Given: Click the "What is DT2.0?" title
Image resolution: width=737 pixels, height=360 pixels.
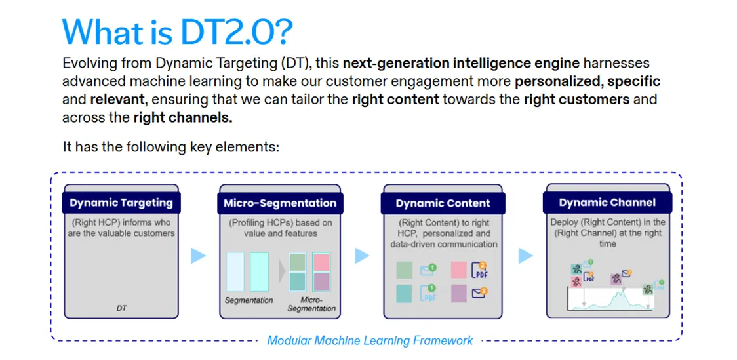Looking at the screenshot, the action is point(178,32).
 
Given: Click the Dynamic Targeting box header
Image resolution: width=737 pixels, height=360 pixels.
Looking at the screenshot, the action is point(121,203).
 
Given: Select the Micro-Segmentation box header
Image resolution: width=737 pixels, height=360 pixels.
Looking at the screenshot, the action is point(280,203).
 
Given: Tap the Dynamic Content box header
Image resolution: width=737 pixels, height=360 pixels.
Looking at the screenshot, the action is point(443,203).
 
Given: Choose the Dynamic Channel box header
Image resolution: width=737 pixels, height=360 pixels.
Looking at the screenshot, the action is point(607,203).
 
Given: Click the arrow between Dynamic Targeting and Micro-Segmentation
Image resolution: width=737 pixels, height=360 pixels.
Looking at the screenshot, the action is point(198,256).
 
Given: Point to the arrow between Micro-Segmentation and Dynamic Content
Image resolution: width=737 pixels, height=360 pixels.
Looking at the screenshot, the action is point(362,256).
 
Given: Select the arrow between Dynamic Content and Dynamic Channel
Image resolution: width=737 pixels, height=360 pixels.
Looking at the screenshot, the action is point(525,256).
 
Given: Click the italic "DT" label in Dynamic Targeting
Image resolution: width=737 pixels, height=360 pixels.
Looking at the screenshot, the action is point(121,309).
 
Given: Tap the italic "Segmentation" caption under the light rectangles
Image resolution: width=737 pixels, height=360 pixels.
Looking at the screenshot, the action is point(249,300).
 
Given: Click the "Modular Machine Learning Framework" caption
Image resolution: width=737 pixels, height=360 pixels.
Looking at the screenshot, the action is point(370,340).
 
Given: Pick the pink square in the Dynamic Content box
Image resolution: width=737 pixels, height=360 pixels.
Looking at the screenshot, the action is point(458,270).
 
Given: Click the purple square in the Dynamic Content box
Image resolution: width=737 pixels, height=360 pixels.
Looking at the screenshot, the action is point(458,293).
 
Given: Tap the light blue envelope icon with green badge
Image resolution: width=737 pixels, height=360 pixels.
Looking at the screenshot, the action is point(428,270).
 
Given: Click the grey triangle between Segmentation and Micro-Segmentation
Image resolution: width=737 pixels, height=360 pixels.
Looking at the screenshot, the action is point(282,271).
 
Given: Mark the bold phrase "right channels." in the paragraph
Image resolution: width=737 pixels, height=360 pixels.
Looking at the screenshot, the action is point(184,117).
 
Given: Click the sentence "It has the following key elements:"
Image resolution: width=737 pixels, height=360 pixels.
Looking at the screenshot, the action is point(171,147).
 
